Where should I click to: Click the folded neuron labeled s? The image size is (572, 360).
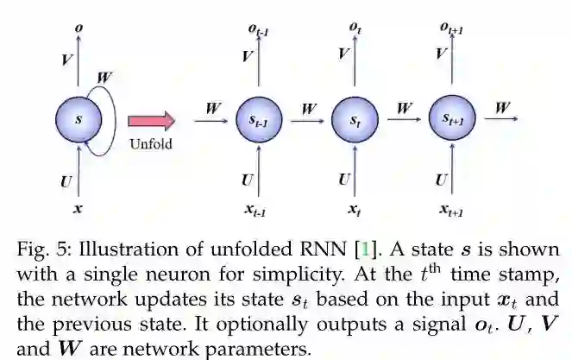point(79,120)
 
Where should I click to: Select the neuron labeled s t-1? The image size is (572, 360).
point(259,122)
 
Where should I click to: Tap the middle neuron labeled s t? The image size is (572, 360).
point(355,122)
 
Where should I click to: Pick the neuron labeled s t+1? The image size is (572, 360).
point(452,121)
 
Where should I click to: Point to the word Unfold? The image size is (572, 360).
point(151,144)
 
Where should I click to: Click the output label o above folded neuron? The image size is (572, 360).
point(79,28)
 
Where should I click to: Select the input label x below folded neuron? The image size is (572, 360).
point(79,208)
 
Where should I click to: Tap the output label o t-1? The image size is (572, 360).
point(259,30)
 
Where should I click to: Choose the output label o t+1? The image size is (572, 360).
point(452,30)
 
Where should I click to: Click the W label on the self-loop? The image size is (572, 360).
point(105,78)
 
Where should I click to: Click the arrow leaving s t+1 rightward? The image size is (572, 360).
point(500,122)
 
